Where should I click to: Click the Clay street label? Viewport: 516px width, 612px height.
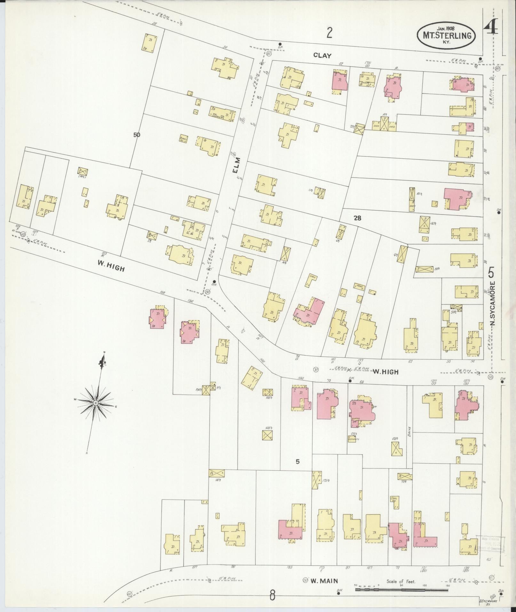[322, 55]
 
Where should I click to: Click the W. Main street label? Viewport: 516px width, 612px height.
[324, 581]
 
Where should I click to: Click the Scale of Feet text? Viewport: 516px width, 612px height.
[401, 581]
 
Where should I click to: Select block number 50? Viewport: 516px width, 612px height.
[137, 135]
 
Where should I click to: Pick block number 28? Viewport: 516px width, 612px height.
[357, 218]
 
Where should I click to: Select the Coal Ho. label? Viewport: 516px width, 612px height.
[394, 508]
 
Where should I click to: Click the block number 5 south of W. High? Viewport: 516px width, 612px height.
[298, 461]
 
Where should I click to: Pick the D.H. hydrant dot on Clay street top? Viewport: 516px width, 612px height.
[280, 44]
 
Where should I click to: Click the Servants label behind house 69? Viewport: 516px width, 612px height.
[354, 439]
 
